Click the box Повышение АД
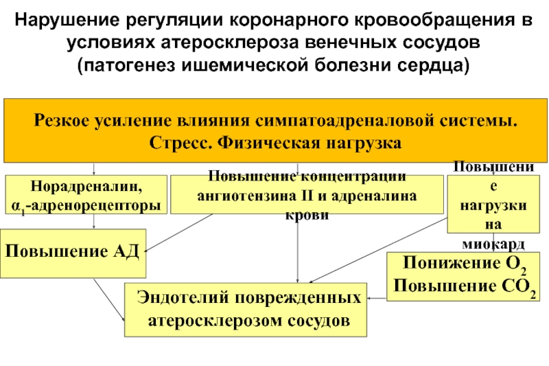72,251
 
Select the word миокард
493,245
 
